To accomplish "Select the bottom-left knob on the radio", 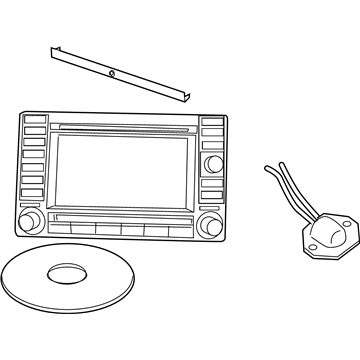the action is [x=29, y=219].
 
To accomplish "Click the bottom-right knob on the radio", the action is [x=210, y=222].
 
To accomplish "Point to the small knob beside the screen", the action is [x=212, y=164].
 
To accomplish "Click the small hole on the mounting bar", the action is [x=112, y=74].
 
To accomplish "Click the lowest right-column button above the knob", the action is [x=211, y=196].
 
